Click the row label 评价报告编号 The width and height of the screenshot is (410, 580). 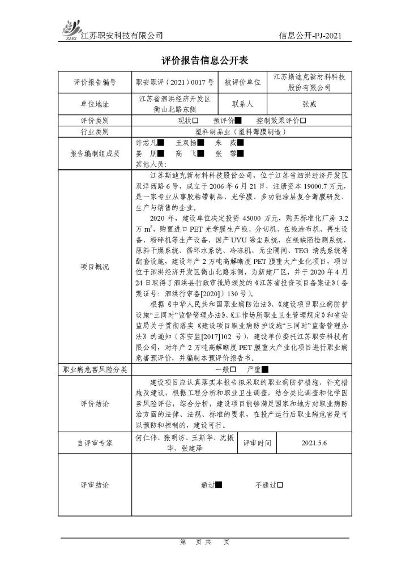coord(95,82)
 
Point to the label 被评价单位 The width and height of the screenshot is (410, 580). coord(242,82)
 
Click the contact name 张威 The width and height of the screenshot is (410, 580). coord(309,105)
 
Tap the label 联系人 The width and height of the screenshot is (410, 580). coord(242,105)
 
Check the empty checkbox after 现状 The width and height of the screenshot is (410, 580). coord(195,121)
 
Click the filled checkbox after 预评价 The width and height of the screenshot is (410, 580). coord(238,121)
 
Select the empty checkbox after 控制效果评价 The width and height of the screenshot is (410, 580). coord(303,121)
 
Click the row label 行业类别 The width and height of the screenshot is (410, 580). coord(95,131)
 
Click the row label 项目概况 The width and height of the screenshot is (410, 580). coord(95,267)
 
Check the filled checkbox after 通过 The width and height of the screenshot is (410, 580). coord(219,485)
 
